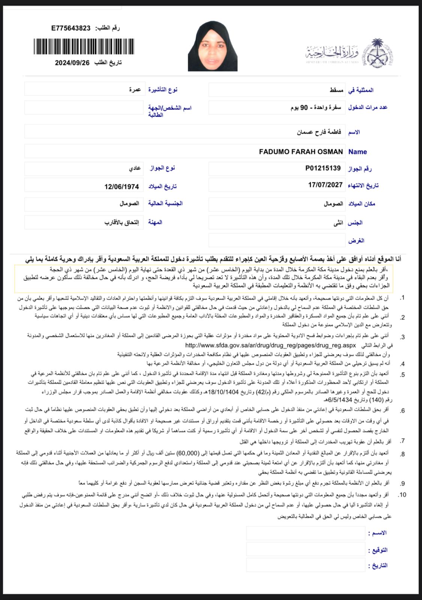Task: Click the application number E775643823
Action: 71,28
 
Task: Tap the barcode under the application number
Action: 84,46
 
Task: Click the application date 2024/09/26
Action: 72,63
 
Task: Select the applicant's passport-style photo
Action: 212,46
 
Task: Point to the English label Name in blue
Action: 358,152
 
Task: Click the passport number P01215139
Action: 323,168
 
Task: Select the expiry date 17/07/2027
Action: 325,185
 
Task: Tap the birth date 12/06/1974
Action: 121,186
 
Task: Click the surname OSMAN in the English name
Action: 330,152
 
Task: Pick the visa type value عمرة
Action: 135,90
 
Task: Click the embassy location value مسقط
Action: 337,90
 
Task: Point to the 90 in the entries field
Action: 304,108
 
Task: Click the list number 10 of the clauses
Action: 402,495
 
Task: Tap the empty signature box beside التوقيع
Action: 305,549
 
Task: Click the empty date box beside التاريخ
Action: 305,565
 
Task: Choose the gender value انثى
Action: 338,223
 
